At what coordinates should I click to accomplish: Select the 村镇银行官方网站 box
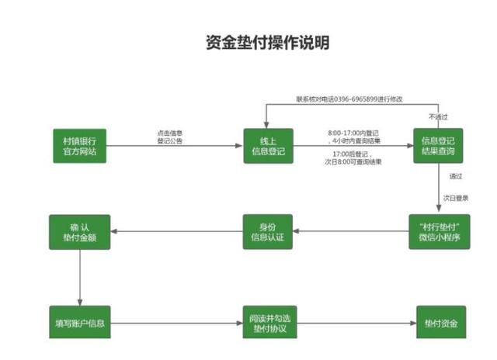[x=79, y=146]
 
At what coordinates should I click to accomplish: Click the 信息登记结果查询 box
[x=438, y=146]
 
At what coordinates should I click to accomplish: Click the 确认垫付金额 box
[x=79, y=231]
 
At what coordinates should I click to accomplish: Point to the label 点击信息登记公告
[x=169, y=137]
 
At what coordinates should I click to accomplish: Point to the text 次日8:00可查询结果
[x=353, y=161]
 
